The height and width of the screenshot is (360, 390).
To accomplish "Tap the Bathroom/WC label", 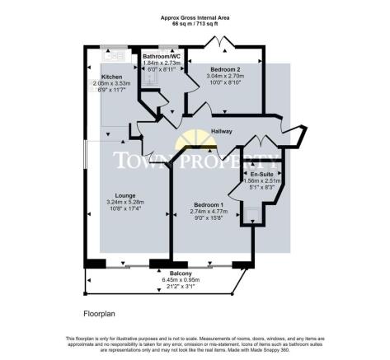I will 161,56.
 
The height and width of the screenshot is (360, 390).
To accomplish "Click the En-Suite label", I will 251,175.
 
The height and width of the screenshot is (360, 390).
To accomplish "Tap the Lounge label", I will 125,195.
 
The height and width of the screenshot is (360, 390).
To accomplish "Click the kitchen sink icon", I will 112,55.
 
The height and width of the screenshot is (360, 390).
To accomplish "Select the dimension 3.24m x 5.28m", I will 125,203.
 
